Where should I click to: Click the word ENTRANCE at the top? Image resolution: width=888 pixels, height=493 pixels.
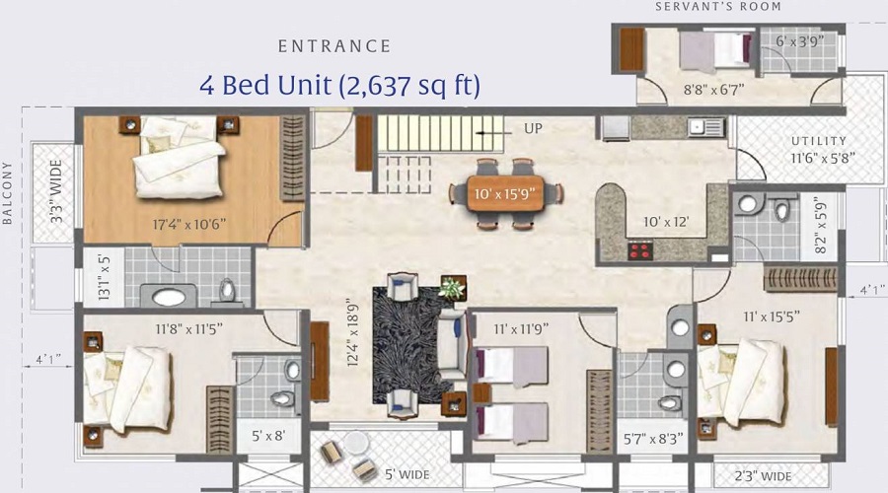pyautogui.click(x=334, y=45)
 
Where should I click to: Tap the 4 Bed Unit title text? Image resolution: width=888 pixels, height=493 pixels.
pyautogui.click(x=339, y=86)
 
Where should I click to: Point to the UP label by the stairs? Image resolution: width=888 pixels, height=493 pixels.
pyautogui.click(x=533, y=128)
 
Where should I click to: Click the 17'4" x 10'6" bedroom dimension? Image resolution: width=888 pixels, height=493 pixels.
pyautogui.click(x=189, y=224)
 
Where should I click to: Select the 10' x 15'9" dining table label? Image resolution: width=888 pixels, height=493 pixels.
pyautogui.click(x=508, y=194)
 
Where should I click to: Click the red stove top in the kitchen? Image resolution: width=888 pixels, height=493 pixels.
pyautogui.click(x=640, y=249)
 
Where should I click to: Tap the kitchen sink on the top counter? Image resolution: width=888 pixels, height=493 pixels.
pyautogui.click(x=706, y=127)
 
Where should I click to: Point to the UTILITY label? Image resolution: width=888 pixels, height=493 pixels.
pyautogui.click(x=819, y=141)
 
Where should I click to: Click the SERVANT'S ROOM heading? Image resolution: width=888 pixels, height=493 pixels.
pyautogui.click(x=718, y=7)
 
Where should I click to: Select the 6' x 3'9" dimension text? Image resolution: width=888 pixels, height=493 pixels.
pyautogui.click(x=799, y=40)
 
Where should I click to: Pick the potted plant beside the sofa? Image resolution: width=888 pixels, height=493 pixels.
pyautogui.click(x=453, y=288)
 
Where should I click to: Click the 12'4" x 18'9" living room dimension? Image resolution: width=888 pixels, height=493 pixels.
pyautogui.click(x=353, y=332)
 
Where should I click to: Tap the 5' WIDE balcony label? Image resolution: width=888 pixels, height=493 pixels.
pyautogui.click(x=407, y=474)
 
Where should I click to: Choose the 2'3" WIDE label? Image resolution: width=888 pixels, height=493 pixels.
pyautogui.click(x=763, y=476)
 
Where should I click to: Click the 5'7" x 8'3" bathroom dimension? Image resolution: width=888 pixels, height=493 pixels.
pyautogui.click(x=653, y=439)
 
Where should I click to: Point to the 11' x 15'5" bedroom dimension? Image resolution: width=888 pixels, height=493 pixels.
pyautogui.click(x=772, y=317)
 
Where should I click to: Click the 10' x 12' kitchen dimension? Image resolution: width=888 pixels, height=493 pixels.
pyautogui.click(x=666, y=222)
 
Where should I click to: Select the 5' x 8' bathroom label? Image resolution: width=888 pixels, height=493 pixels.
pyautogui.click(x=268, y=436)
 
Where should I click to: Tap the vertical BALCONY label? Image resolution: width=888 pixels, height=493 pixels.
pyautogui.click(x=7, y=192)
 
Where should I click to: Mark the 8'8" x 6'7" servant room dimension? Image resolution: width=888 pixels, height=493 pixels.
pyautogui.click(x=714, y=90)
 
